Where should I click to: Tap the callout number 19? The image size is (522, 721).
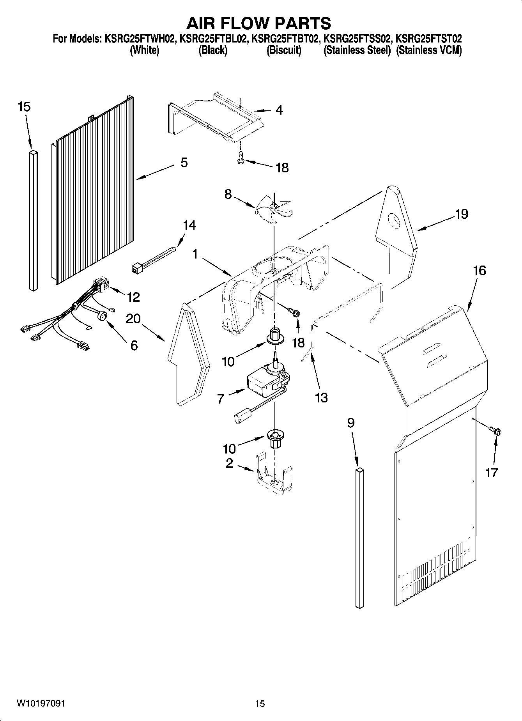462,214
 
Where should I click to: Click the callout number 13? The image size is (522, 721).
321,398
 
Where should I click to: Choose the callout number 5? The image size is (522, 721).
184,162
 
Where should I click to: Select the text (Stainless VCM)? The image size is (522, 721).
429,51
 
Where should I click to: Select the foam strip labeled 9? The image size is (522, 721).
360,538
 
